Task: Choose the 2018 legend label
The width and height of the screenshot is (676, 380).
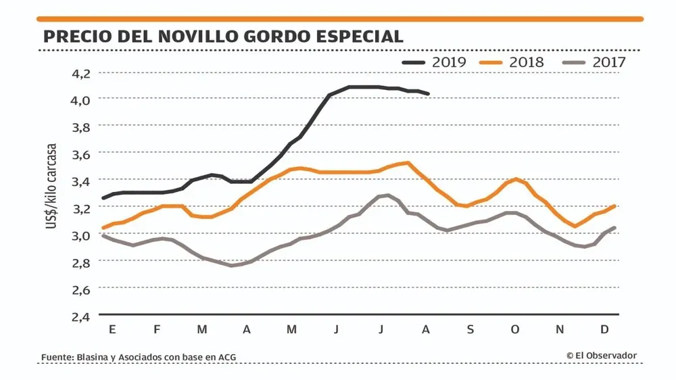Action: pos(527,62)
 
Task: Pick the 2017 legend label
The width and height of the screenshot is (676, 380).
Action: pos(609,62)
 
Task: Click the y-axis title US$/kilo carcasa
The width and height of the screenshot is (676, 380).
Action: pos(52,185)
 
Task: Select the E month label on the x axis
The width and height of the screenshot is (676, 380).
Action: pos(112,329)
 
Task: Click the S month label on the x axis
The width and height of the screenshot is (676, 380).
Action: pos(470,329)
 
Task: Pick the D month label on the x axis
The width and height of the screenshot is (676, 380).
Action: pos(605,329)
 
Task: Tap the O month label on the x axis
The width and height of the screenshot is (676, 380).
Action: pos(515,329)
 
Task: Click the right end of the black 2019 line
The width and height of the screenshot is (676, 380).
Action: pos(429,94)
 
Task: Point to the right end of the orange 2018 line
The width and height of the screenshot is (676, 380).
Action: pos(614,206)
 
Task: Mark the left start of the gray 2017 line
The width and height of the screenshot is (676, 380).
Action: pos(103,235)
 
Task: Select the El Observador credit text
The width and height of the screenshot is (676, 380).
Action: pos(605,356)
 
